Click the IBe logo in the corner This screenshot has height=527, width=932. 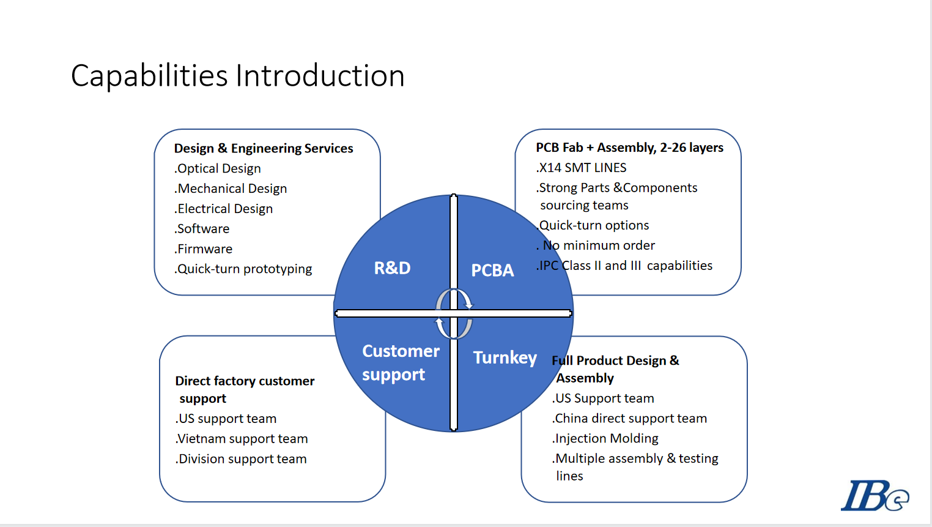pos(875,495)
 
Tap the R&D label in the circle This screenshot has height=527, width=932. pos(392,268)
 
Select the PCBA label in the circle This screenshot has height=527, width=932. pos(492,270)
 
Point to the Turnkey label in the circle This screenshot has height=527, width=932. pos(505,357)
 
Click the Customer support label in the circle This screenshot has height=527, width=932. pos(401,362)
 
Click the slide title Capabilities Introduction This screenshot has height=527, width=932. pos(237,76)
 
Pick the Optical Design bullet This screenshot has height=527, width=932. pos(217,168)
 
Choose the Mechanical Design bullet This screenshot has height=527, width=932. pos(231,189)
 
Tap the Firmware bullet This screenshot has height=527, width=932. pos(203,249)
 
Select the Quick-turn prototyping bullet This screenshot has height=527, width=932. pos(243,269)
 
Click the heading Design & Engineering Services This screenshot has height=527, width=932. pos(264,148)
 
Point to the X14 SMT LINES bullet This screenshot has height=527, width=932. pos(581,168)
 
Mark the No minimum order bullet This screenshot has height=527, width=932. pos(596,245)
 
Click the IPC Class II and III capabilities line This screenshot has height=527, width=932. pos(624,266)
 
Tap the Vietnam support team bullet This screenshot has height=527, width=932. pos(242,439)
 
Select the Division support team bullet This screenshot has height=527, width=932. pos(241,459)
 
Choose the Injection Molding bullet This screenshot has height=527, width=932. pos(605,438)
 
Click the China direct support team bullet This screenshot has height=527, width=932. pos(629,418)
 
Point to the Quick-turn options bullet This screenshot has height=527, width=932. pos(593,226)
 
